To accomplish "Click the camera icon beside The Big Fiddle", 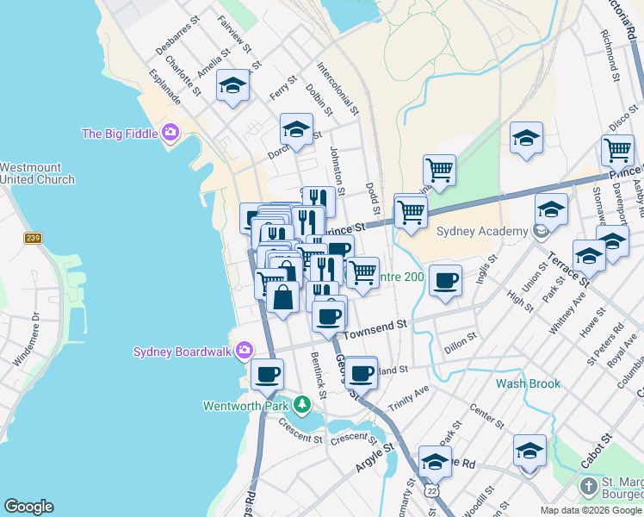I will tap(170, 133).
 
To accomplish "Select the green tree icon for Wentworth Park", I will tap(301, 403).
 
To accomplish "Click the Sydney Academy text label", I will tap(481, 231).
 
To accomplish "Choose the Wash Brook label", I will tap(528, 383).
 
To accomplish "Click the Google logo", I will tap(29, 506).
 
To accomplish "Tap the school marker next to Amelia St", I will tap(232, 85).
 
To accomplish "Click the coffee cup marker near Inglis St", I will tap(445, 280).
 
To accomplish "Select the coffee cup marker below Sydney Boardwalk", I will tap(267, 374).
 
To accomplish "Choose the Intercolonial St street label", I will tap(337, 89).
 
